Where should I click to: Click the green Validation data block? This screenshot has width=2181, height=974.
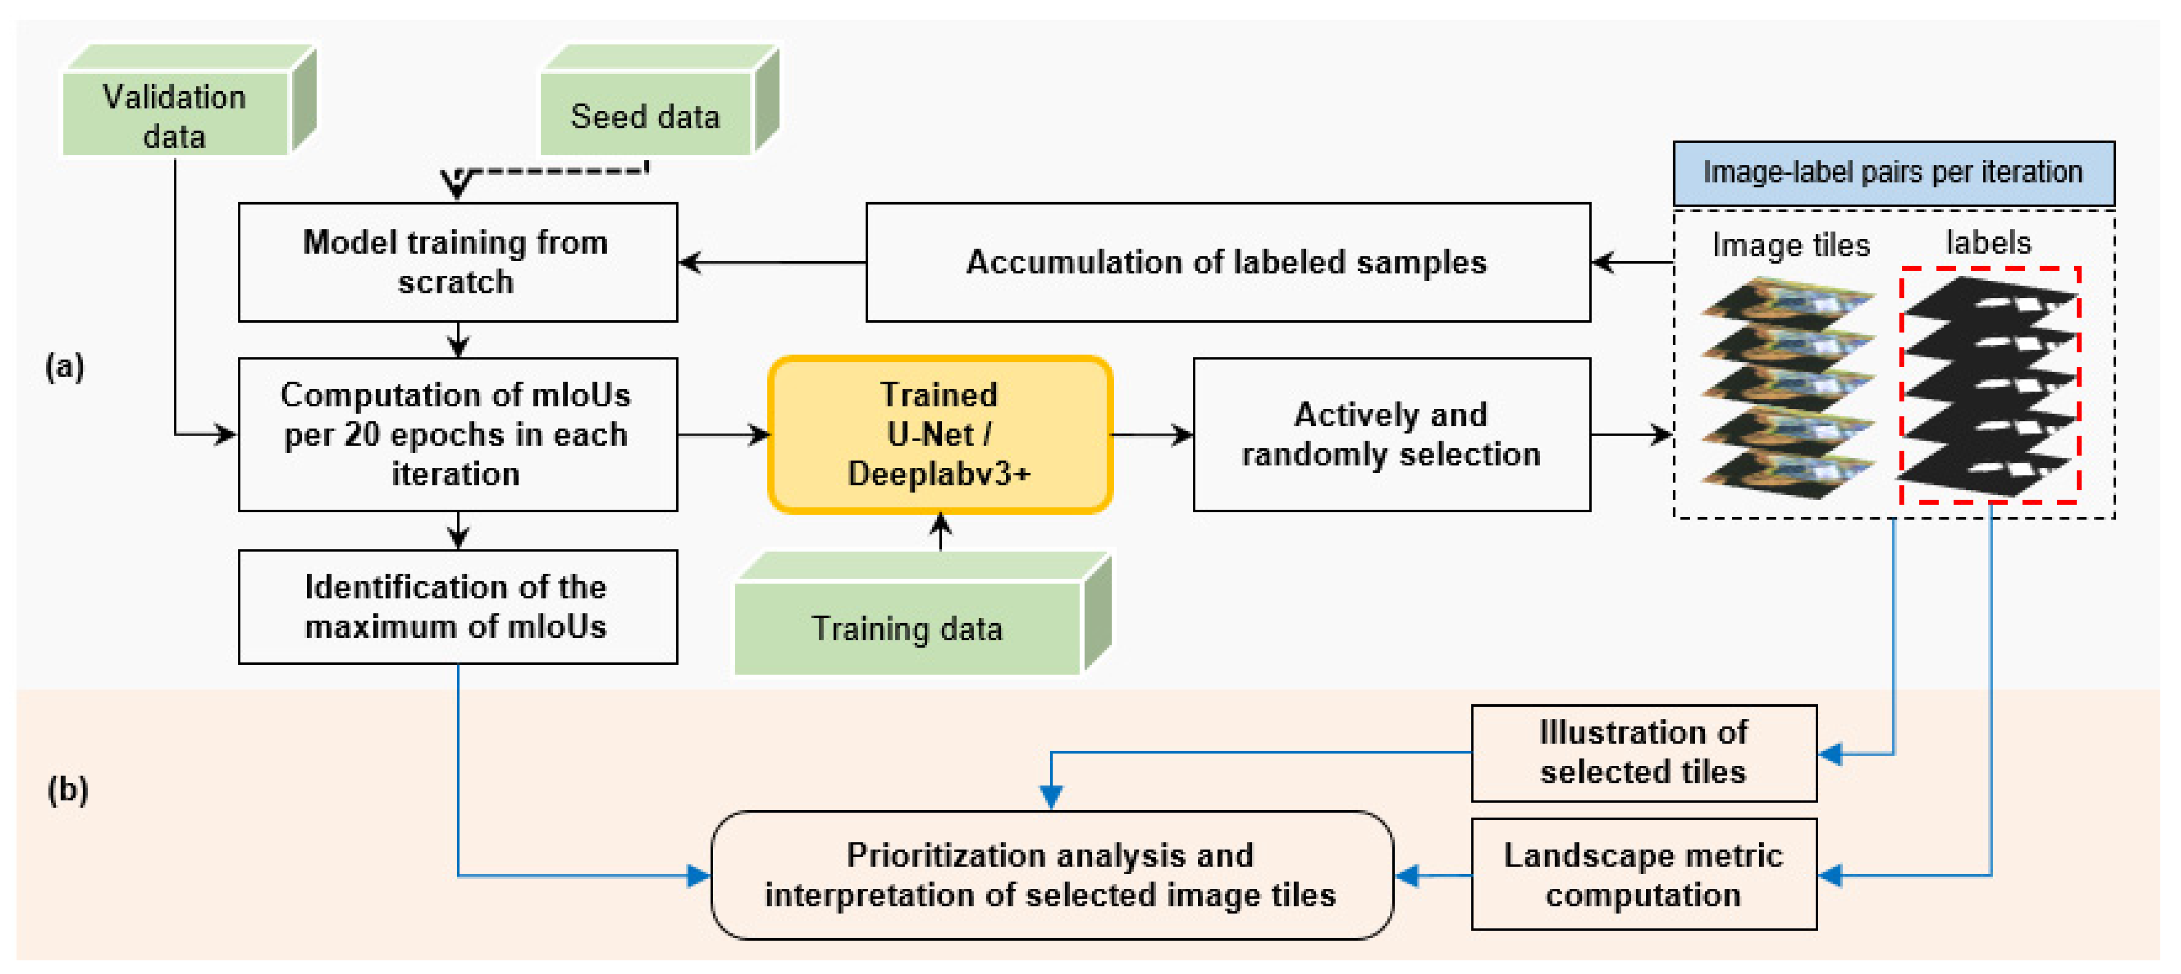[175, 114]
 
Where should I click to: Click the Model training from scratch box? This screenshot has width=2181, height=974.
[457, 262]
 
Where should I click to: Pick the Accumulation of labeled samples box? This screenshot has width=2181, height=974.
[1227, 262]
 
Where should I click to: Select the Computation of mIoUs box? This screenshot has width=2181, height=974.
[457, 434]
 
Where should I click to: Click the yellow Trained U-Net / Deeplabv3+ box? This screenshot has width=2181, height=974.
[940, 434]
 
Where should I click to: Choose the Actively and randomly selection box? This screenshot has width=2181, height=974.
[1391, 434]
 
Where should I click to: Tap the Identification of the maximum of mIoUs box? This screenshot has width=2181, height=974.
[457, 606]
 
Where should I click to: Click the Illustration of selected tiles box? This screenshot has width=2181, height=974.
[1643, 752]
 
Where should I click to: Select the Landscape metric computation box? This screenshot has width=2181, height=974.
[1643, 874]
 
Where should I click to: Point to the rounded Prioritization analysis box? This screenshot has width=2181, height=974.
[1051, 875]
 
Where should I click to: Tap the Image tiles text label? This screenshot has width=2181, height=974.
[1790, 245]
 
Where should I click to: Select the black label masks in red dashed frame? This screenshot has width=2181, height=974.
[1990, 385]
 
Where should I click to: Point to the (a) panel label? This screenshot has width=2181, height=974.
[65, 366]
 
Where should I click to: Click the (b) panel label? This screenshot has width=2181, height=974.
[68, 789]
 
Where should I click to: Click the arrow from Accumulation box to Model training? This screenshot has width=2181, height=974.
[771, 263]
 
